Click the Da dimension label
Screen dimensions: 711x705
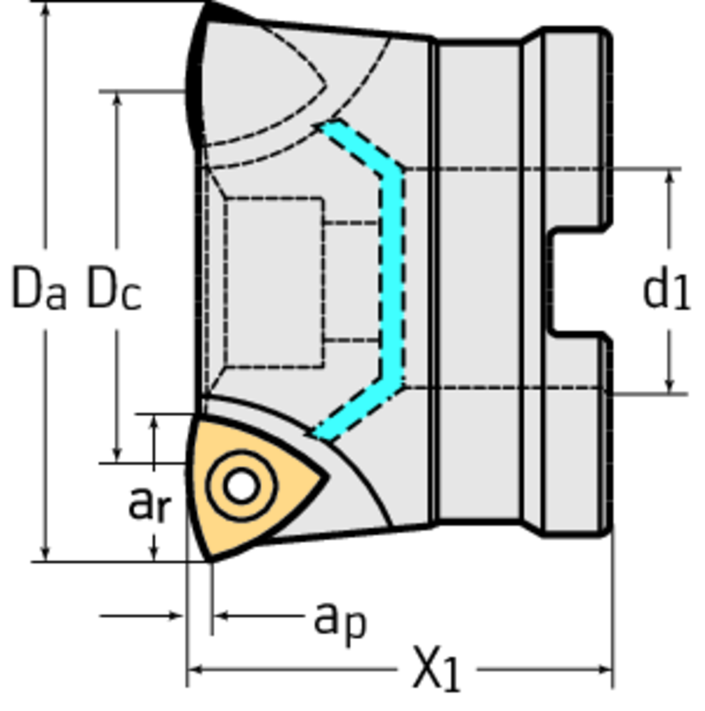coord(39,290)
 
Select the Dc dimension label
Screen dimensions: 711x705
coord(113,290)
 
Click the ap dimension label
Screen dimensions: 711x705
coord(339,618)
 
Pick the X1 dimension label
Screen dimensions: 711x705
coord(437,669)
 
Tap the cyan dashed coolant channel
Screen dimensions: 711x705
coord(392,278)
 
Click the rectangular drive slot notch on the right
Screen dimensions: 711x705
coord(577,282)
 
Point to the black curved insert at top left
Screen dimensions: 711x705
coord(195,76)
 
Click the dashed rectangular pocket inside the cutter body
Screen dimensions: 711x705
coord(275,282)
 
